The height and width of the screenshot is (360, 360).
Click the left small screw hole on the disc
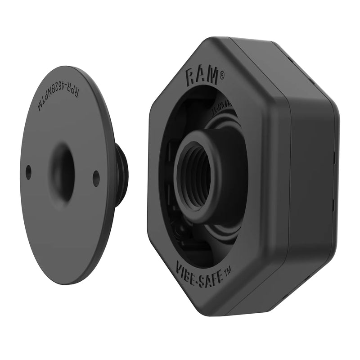click(x=28, y=171)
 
